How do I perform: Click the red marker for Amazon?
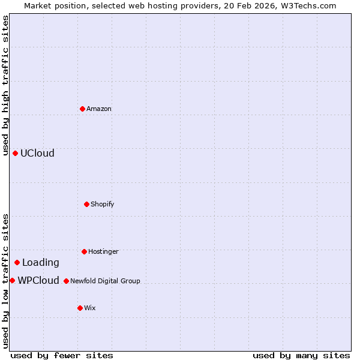point(82,109)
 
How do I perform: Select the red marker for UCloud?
point(15,153)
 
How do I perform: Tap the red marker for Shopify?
point(86,204)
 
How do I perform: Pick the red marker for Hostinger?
point(84,251)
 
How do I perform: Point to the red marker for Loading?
point(17,262)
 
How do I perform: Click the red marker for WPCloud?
point(12,280)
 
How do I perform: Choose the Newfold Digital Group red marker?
point(66,281)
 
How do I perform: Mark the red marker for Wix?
point(80,308)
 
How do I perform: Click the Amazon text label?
point(99,109)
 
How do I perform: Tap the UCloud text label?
point(37,154)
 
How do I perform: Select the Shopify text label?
point(103,205)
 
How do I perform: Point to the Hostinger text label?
point(104,252)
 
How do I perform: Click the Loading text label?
point(41,263)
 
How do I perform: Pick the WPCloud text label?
point(38,281)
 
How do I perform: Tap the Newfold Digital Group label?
point(105,281)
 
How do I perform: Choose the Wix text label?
point(90,308)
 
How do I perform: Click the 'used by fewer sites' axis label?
point(62,356)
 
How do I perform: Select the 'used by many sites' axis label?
point(301,356)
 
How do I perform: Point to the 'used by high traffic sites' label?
point(5,86)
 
